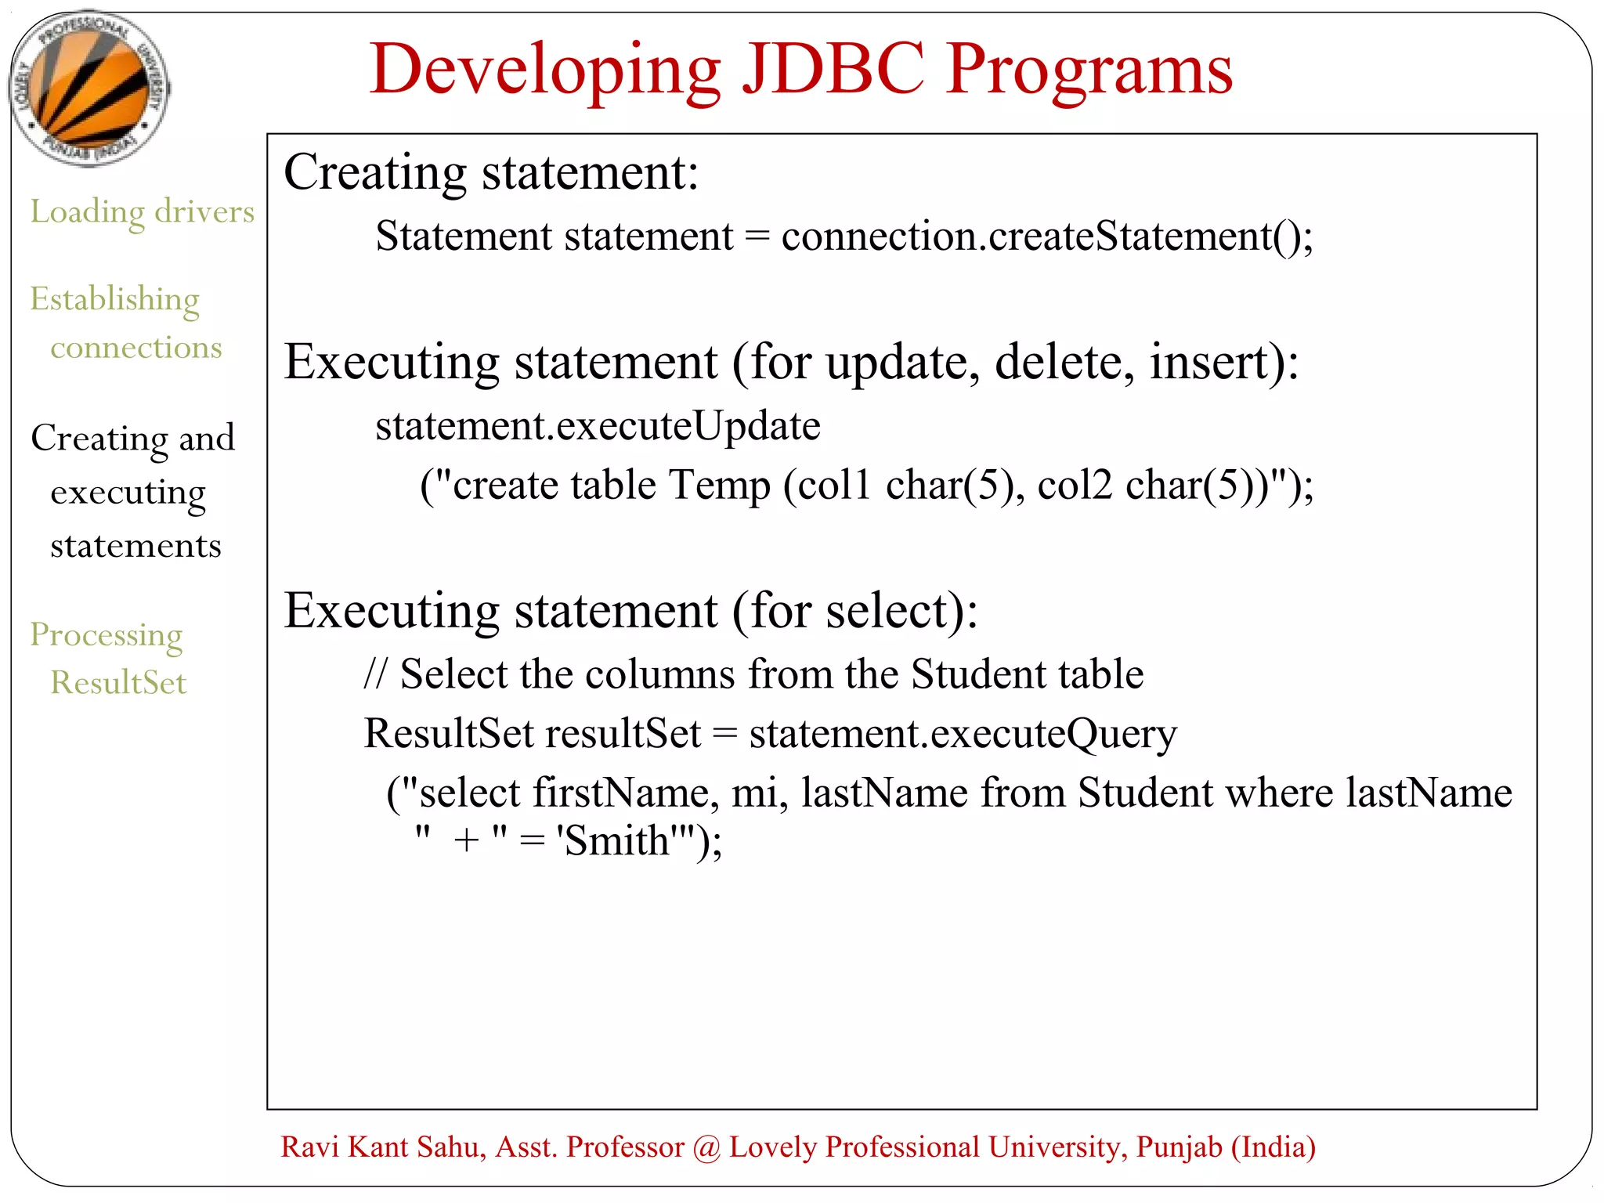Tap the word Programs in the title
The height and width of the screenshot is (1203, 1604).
tap(1089, 72)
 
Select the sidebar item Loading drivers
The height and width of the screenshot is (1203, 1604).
tap(143, 212)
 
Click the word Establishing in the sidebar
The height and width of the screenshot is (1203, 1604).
tap(115, 300)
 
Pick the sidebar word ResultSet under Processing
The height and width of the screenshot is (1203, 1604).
tap(118, 683)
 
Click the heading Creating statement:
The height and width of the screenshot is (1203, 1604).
tap(491, 172)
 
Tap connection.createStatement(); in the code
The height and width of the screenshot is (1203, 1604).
tap(1046, 237)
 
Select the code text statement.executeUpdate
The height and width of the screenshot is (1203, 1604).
tap(598, 427)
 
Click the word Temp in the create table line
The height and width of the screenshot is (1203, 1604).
tap(719, 486)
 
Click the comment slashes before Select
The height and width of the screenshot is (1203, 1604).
tap(375, 674)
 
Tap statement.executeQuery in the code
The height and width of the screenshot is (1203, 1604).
tap(963, 734)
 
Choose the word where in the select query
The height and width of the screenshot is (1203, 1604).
tap(1279, 793)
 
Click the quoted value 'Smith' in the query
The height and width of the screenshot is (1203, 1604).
tap(616, 841)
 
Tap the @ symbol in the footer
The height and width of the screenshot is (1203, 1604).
tap(706, 1147)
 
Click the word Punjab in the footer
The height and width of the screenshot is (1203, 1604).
tap(1179, 1147)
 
